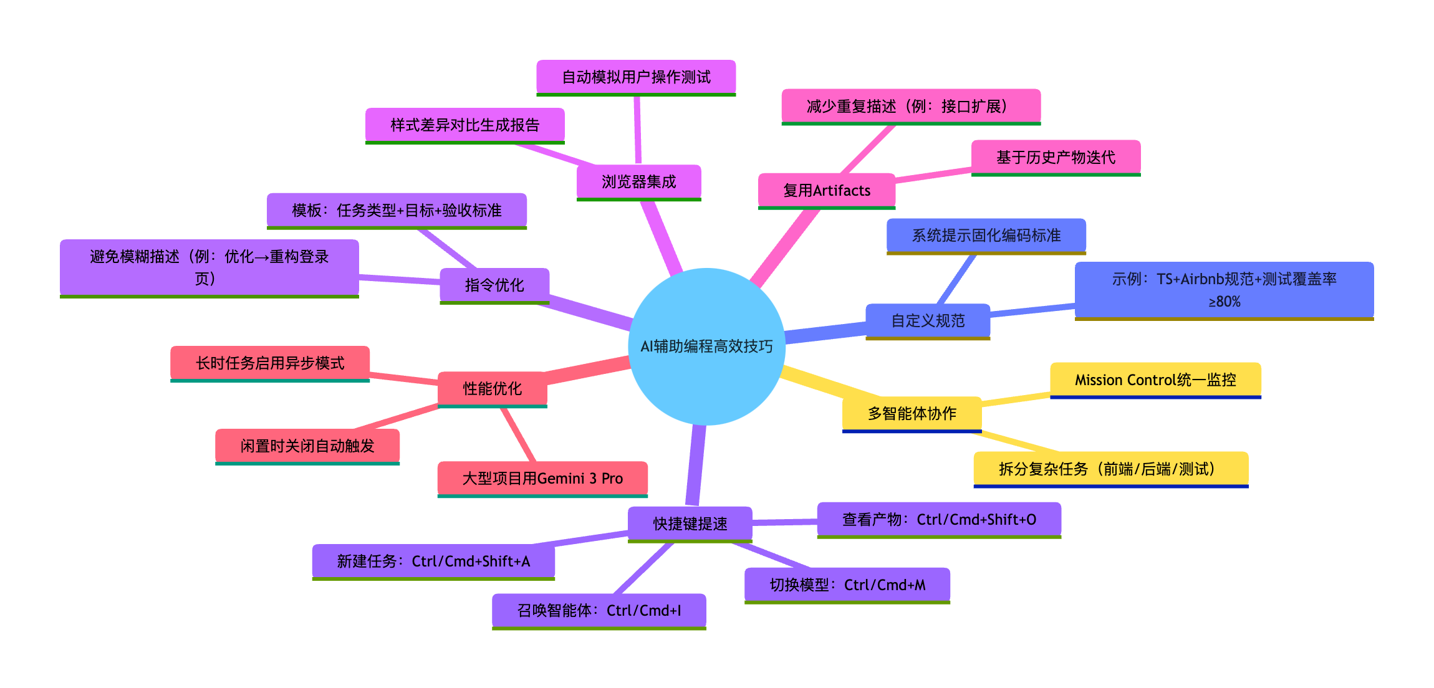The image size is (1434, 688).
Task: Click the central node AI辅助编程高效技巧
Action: coord(706,346)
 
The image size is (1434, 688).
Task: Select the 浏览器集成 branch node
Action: coord(638,181)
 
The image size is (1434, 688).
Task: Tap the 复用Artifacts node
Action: coord(826,190)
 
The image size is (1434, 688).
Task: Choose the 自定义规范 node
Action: coord(928,320)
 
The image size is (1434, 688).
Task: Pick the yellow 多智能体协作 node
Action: coord(912,413)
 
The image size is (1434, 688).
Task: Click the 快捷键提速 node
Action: coord(690,523)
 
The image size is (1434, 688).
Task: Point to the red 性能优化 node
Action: coord(492,388)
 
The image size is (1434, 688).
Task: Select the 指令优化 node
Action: coord(494,285)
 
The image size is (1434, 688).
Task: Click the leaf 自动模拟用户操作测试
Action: coord(636,77)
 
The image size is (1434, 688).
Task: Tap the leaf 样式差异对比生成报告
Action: coord(464,125)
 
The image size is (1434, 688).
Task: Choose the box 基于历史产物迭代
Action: coord(1056,157)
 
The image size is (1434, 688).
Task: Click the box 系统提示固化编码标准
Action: coord(986,235)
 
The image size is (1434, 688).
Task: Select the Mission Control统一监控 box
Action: coord(1155,380)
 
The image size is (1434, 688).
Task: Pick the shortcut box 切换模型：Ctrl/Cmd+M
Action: coord(847,585)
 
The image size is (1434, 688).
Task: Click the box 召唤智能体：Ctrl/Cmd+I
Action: coord(599,610)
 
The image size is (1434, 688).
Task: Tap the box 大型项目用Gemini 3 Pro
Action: coord(542,478)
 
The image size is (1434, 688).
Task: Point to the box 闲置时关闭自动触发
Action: coord(307,446)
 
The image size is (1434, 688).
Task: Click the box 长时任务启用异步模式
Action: coord(270,363)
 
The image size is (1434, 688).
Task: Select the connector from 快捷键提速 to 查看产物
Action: coord(784,522)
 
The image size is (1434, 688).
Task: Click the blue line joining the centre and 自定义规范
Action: coord(825,331)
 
